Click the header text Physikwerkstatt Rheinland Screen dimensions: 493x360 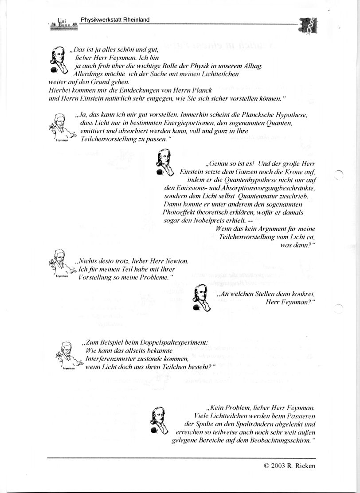115,19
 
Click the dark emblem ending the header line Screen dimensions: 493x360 306,25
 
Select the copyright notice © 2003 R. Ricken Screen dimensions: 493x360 289,466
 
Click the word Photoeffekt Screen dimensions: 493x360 182,213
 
